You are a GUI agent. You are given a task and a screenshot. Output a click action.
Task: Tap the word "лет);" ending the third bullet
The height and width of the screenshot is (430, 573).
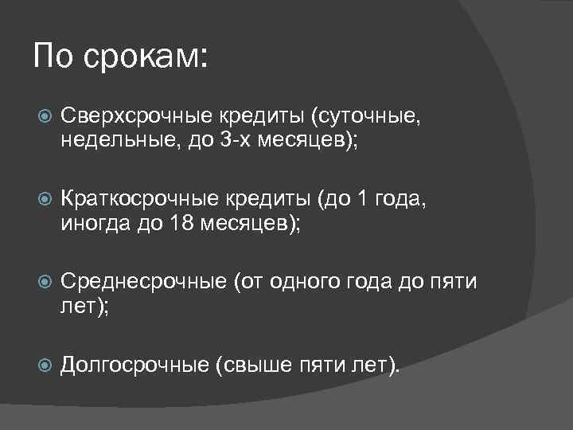84,307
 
